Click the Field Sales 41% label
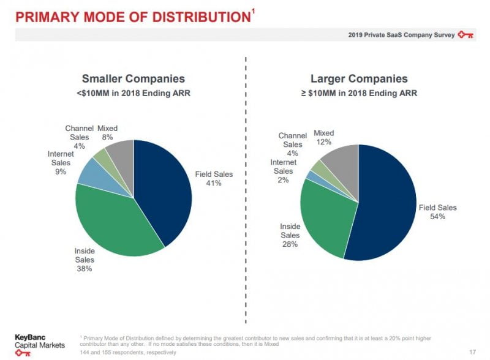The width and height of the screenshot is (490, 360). click(214, 179)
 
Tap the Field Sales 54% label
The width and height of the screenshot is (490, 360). click(437, 212)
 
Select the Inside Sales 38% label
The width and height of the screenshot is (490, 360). click(85, 259)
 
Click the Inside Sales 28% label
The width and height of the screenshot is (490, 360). click(290, 235)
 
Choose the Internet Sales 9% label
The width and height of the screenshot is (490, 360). click(61, 163)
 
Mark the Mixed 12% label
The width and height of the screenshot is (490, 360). click(323, 137)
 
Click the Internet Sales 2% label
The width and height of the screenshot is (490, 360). click(283, 171)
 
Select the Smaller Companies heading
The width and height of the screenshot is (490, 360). click(133, 79)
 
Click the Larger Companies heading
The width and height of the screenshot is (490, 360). click(359, 79)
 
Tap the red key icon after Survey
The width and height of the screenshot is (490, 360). click(466, 35)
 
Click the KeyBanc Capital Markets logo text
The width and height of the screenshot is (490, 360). click(40, 342)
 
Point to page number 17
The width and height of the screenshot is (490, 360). click(472, 352)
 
